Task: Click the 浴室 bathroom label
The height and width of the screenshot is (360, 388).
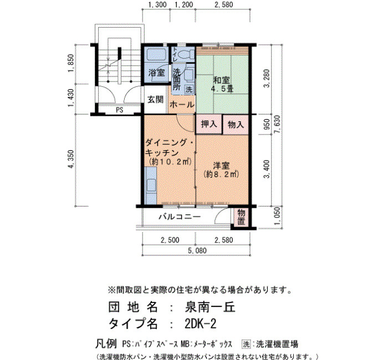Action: [156, 73]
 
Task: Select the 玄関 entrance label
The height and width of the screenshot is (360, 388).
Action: [155, 100]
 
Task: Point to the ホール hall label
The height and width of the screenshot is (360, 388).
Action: [182, 105]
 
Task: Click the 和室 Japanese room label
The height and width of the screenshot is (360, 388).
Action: [222, 80]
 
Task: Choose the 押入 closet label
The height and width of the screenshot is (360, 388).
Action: [209, 124]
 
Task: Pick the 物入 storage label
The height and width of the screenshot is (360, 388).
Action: [236, 125]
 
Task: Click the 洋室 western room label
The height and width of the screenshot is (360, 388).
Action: [222, 166]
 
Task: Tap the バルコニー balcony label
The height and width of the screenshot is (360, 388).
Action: [180, 217]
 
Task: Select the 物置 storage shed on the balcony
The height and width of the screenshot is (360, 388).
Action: [241, 217]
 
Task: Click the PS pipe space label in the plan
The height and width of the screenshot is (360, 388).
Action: [120, 110]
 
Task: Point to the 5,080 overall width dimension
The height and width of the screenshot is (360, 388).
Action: [197, 250]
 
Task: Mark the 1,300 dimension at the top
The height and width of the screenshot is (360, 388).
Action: [157, 4]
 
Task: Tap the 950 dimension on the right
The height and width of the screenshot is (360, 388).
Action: [267, 125]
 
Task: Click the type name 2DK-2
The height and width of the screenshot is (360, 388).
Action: [201, 323]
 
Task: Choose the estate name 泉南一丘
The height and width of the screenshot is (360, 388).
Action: [210, 307]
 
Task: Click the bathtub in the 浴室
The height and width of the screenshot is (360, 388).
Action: [156, 54]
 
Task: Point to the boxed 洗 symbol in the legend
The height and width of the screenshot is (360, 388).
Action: [247, 344]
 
